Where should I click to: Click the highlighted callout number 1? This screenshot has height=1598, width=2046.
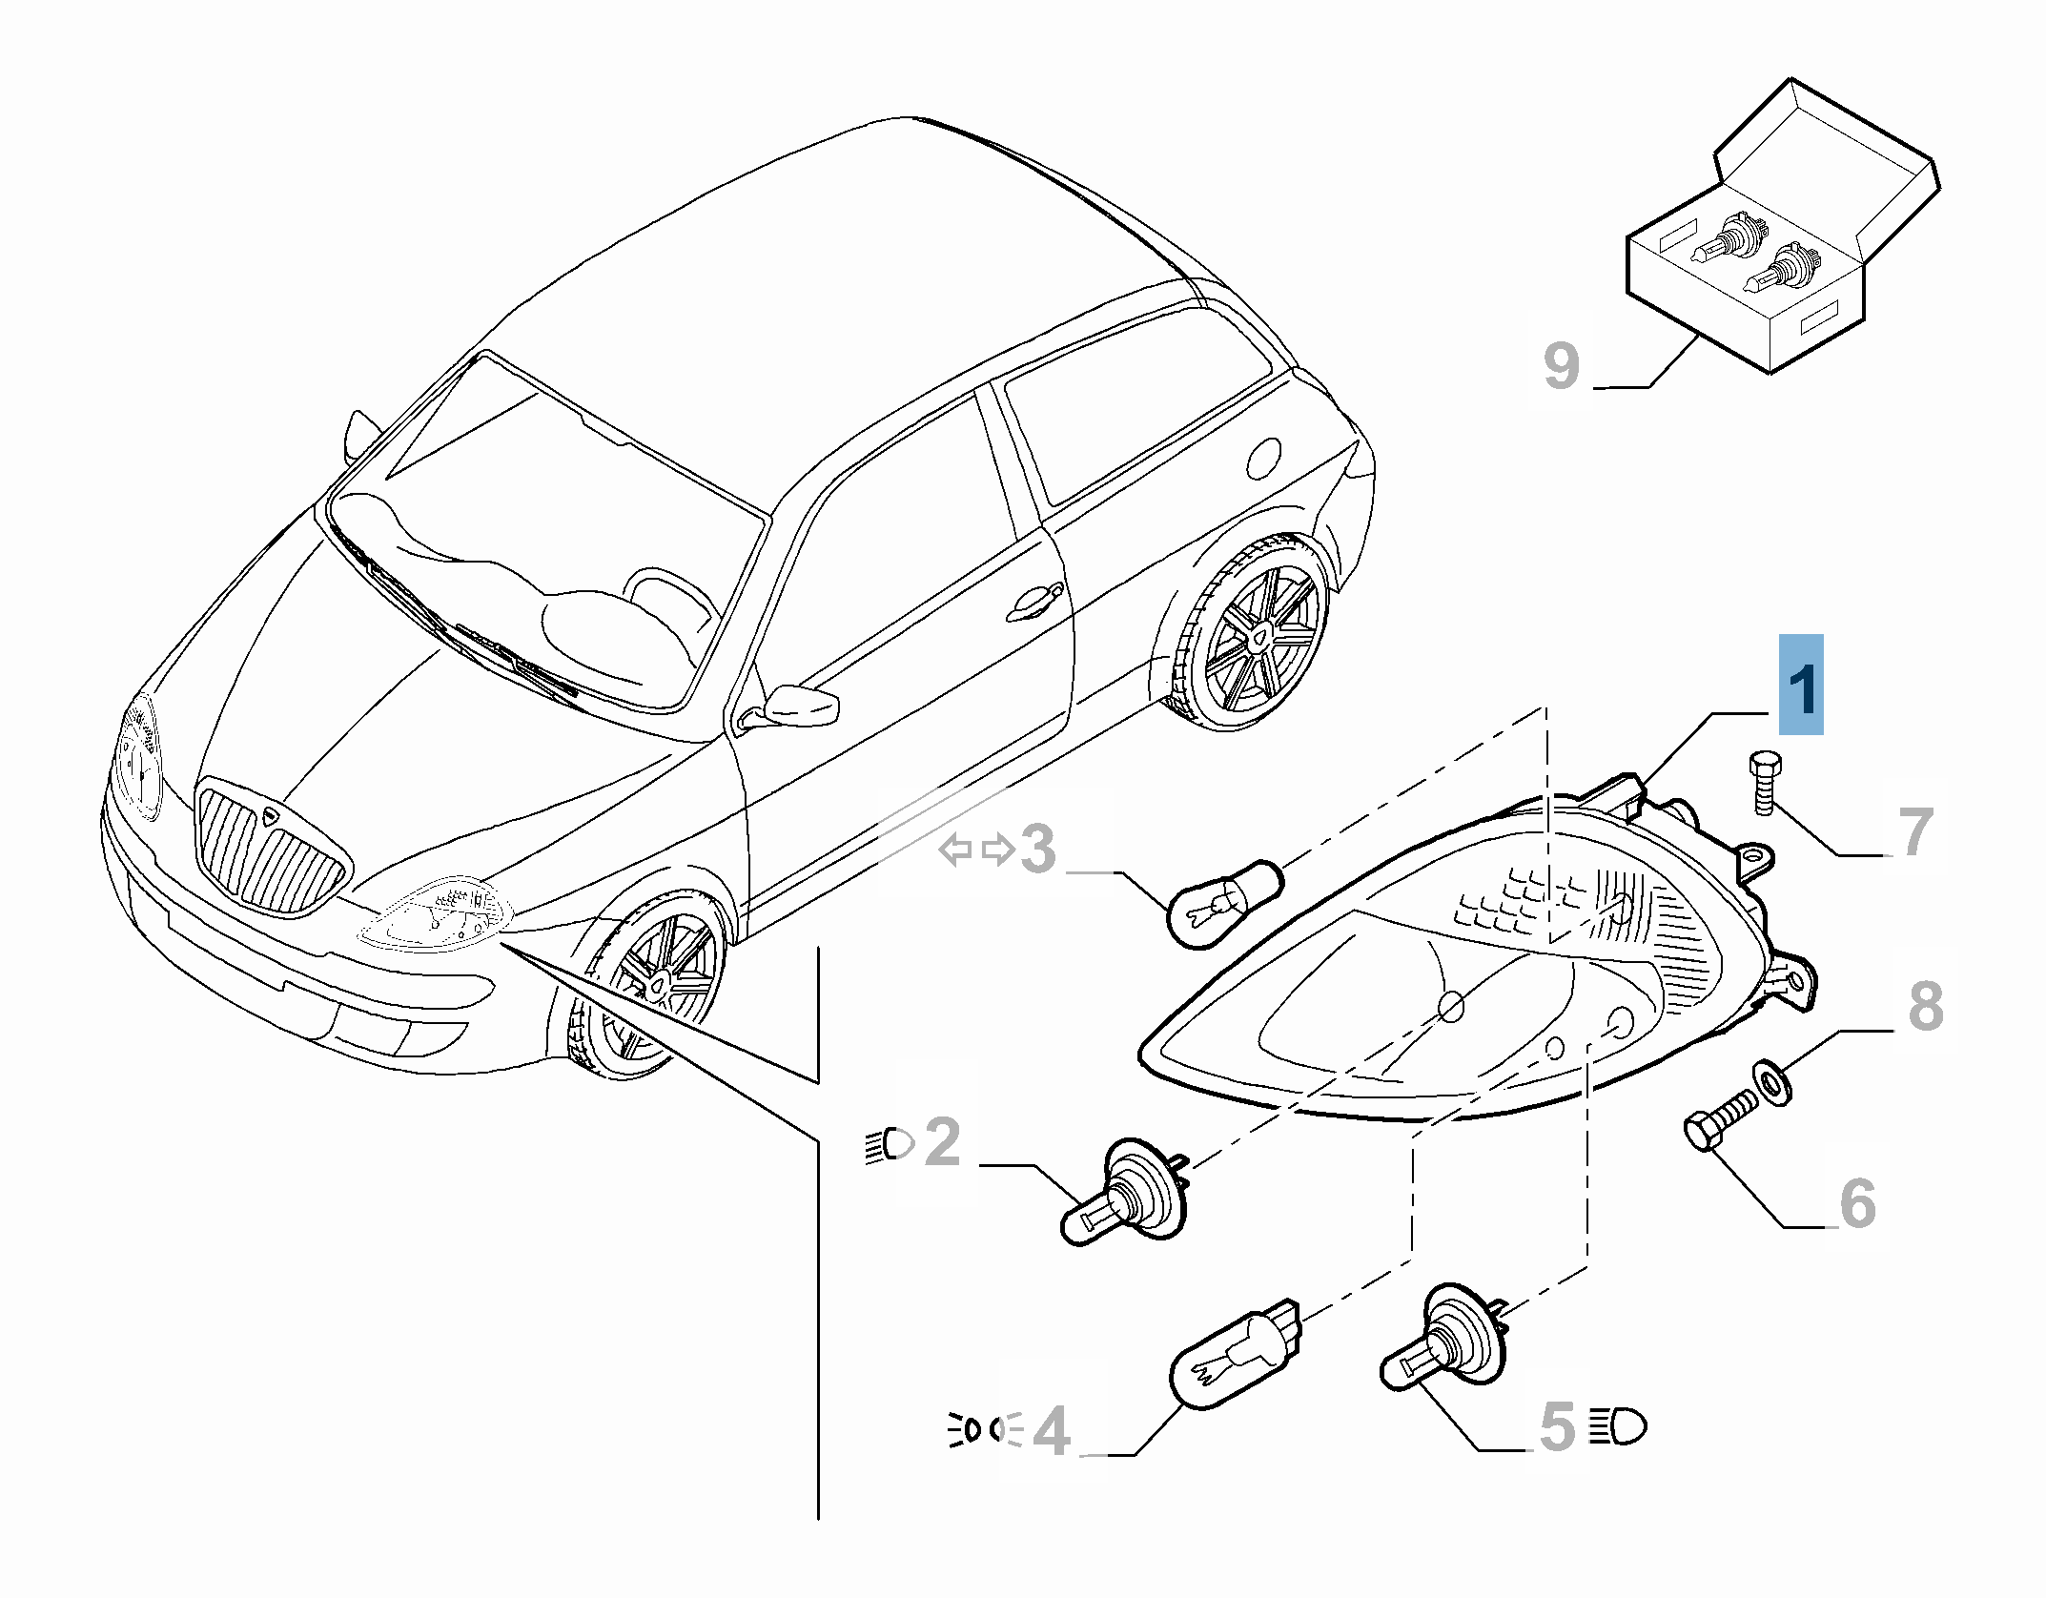click(x=1801, y=686)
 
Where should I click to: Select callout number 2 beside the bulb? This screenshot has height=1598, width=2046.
click(x=943, y=1141)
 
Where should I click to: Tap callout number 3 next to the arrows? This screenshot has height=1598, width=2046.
click(x=1038, y=849)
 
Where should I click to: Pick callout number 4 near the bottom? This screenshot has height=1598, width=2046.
click(x=1052, y=1431)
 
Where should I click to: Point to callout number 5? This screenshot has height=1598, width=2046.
click(x=1557, y=1427)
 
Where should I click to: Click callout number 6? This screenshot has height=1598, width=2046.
click(x=1857, y=1202)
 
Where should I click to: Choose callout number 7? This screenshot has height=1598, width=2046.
click(x=1915, y=832)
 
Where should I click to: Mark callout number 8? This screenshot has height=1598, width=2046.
click(x=1926, y=1006)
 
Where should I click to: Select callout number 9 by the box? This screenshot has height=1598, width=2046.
click(x=1561, y=365)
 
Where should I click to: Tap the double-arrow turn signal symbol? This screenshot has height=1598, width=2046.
click(x=976, y=849)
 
